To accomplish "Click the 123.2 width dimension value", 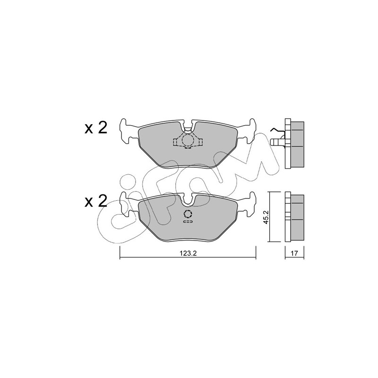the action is coord(189,253).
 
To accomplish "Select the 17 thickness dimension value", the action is coord(294,253).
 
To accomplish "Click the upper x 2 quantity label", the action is coord(96,128).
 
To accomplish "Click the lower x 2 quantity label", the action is coord(96,201).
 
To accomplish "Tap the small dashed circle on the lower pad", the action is coord(188,214).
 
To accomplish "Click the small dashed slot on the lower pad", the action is coord(188,221).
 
